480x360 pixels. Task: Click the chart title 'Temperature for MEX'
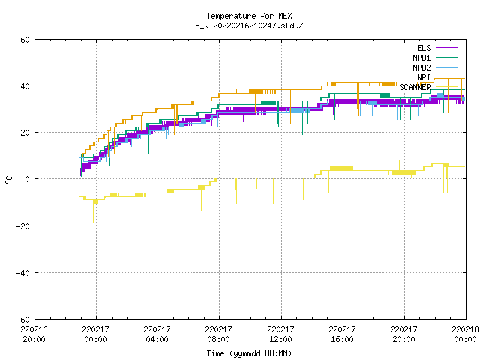[249, 16]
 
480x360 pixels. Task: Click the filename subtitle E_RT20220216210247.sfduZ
[249, 25]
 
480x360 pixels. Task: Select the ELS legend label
[424, 48]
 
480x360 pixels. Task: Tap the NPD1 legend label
[421, 58]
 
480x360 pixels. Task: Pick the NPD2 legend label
[421, 67]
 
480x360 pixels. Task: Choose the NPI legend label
[424, 77]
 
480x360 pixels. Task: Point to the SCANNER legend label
[415, 87]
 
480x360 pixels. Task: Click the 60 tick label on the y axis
[25, 40]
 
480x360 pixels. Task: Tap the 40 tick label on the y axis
[25, 86]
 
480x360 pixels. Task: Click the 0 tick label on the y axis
[28, 179]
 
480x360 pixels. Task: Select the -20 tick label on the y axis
[23, 226]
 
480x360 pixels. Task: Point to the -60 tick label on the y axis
[23, 319]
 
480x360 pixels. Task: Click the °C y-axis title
[8, 180]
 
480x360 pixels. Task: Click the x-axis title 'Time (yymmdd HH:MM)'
[249, 353]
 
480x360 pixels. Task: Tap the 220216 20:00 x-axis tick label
[34, 334]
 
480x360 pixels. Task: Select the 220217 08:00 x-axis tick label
[218, 334]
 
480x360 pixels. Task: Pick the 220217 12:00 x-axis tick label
[280, 334]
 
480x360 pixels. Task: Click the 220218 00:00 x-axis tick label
[465, 334]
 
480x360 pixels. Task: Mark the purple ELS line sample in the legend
[446, 48]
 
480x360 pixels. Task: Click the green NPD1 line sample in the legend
[446, 57]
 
